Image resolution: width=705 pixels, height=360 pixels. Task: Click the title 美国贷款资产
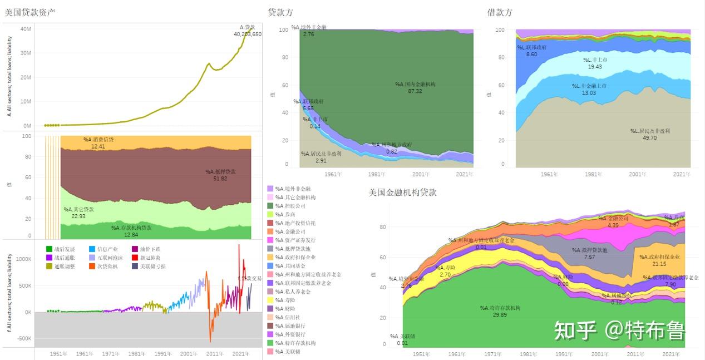30,12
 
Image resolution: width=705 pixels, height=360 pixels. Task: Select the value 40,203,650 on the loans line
248,34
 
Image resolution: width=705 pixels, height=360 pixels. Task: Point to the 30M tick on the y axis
25,53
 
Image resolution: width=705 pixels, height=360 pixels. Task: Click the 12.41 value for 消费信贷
98,146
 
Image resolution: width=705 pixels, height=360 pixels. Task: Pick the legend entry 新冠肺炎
149,258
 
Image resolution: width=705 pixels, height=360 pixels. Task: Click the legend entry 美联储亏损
151,267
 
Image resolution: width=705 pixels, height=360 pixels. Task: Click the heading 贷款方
280,12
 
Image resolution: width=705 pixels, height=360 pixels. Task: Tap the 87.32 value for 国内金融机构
415,91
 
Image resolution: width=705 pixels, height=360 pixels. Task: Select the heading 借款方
499,12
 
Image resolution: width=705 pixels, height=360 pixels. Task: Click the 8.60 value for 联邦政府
531,54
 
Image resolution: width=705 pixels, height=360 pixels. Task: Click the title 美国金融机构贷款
402,193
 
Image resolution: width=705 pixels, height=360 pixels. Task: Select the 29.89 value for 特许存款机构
500,314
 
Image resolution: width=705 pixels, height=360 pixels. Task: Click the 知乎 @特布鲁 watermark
619,331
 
